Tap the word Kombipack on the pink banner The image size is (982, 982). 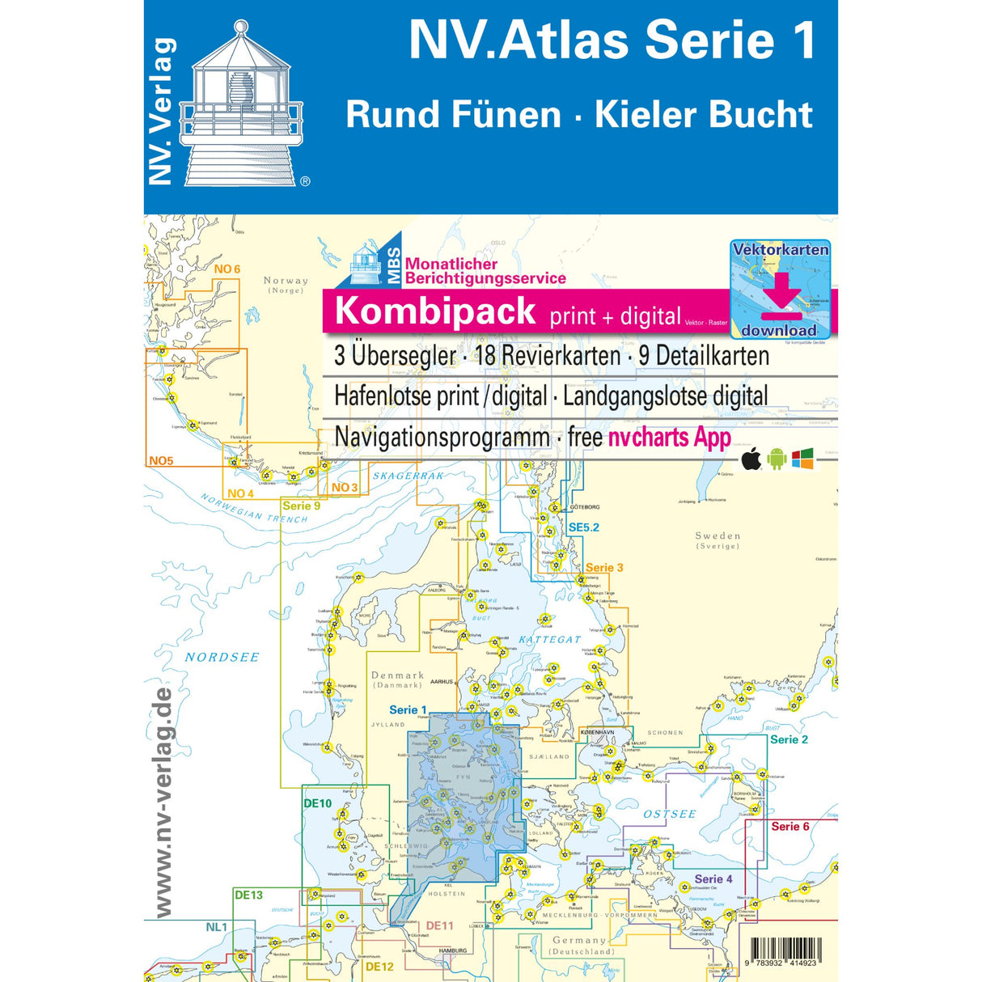click(x=435, y=311)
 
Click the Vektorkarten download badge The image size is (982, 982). click(x=780, y=289)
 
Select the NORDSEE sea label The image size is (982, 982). click(x=222, y=658)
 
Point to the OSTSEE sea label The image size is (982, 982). click(x=670, y=814)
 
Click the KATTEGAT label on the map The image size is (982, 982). click(x=550, y=639)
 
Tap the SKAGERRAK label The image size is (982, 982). click(x=408, y=476)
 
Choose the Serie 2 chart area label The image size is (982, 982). click(x=789, y=739)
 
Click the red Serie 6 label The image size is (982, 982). click(x=789, y=826)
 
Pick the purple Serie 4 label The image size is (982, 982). click(x=713, y=878)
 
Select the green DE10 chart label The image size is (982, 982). click(x=317, y=803)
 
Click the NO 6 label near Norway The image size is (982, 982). click(x=227, y=269)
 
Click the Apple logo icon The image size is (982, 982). click(x=751, y=459)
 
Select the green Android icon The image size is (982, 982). click(x=777, y=459)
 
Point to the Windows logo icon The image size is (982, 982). click(x=802, y=459)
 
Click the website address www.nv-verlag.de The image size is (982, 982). click(x=163, y=801)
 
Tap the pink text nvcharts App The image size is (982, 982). click(x=669, y=438)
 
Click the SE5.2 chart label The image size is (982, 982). click(x=583, y=527)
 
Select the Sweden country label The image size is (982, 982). click(x=717, y=536)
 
